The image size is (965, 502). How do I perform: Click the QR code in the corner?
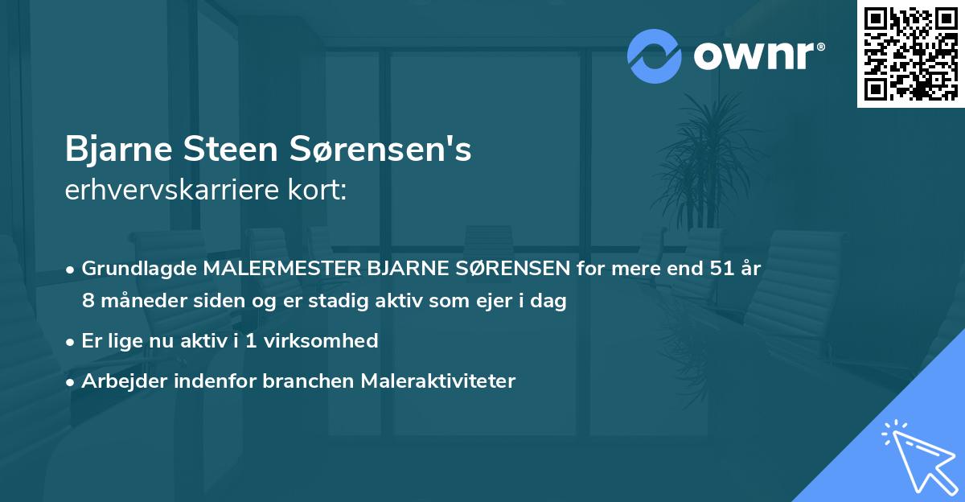tap(911, 53)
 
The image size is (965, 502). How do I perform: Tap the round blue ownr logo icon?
tap(655, 56)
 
